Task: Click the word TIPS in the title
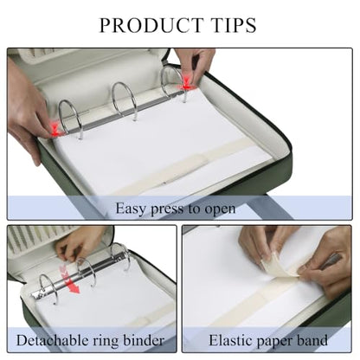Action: [233, 25]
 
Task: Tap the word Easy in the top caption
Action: [130, 209]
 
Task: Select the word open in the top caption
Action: [220, 209]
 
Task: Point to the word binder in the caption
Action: [144, 340]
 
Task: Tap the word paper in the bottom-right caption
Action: [273, 342]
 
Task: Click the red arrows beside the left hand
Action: [55, 129]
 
